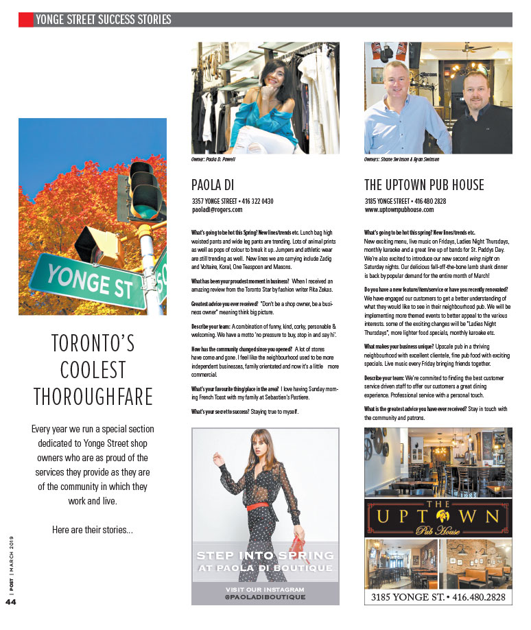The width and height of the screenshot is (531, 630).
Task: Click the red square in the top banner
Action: pos(25,20)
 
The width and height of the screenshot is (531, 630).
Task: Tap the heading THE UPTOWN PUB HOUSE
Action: pos(424,185)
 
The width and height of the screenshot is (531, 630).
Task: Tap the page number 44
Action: pos(10,603)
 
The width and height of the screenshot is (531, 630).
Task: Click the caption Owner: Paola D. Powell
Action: pos(213,159)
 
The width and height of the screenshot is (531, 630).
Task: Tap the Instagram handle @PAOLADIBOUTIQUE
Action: pos(265,598)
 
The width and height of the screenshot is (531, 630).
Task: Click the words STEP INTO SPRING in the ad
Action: pos(265,555)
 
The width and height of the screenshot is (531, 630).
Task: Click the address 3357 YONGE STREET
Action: pos(213,201)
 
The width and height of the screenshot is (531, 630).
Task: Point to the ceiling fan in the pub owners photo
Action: pos(471,49)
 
